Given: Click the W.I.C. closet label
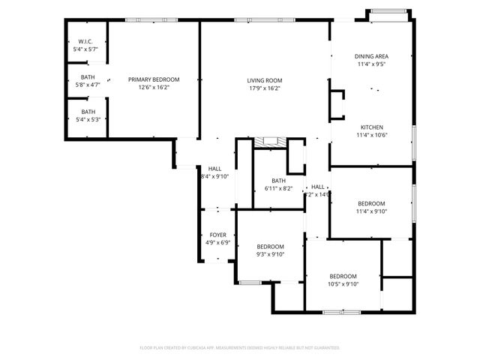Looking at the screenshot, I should click(x=85, y=41).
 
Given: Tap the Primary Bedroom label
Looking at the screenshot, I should click(x=154, y=79).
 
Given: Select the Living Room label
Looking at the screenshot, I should click(x=264, y=81).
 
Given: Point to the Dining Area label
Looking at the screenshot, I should click(x=371, y=56).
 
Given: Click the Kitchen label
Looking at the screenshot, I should click(x=371, y=127).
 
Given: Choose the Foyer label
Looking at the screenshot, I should click(x=217, y=235).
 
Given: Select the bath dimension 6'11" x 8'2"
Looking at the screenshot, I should click(x=278, y=188).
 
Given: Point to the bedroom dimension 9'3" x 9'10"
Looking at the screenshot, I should click(x=270, y=254).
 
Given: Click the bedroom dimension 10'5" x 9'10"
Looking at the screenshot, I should click(x=343, y=283).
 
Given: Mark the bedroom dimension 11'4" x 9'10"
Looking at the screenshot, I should click(x=371, y=211).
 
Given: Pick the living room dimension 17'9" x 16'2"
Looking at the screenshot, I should click(x=264, y=88).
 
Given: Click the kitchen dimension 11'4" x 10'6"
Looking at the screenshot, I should click(x=371, y=135).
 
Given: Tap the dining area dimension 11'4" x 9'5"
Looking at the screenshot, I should click(x=371, y=64).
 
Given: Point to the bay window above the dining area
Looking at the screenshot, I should click(x=388, y=12).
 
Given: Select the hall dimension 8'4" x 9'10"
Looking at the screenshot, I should click(x=214, y=176).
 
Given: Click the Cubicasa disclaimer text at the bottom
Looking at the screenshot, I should click(x=240, y=348).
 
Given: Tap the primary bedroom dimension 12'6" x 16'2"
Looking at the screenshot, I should click(x=154, y=87).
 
